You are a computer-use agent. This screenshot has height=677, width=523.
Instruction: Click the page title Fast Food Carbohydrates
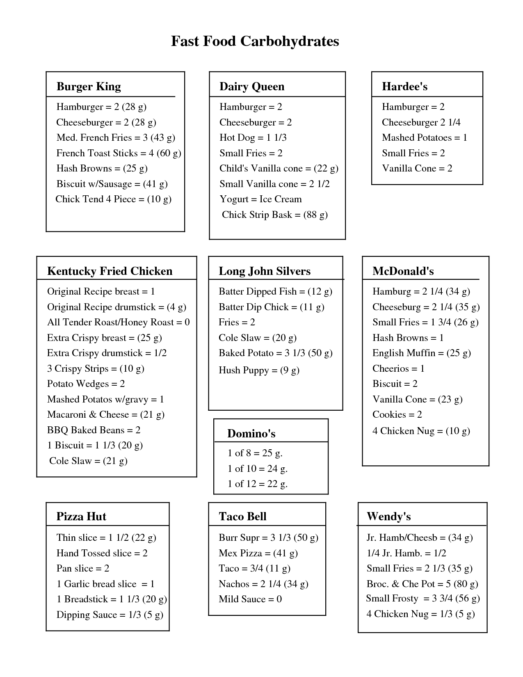(255, 41)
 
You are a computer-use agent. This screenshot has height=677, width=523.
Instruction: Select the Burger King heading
(89, 87)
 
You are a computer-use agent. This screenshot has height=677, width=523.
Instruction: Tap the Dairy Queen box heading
(252, 87)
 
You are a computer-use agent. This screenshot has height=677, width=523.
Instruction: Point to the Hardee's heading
(404, 87)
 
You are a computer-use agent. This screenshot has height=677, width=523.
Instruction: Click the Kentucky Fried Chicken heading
(110, 271)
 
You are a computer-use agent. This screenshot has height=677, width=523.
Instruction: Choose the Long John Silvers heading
(265, 271)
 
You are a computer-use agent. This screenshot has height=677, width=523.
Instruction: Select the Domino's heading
(251, 434)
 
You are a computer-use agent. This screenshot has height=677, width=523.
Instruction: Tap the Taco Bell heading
(242, 517)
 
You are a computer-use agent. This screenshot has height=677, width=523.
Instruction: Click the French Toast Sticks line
(119, 153)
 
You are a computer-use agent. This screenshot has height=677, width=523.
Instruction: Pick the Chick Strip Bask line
(274, 215)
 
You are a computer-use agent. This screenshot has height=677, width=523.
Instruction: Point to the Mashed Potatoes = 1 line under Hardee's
(425, 138)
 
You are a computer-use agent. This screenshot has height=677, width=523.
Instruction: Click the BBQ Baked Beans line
(94, 430)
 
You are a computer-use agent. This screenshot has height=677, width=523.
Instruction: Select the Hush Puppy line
(259, 371)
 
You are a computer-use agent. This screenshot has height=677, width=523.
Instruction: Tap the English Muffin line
(421, 353)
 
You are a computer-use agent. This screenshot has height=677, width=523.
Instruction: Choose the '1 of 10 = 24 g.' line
(258, 469)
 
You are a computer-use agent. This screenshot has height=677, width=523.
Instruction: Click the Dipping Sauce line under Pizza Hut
(110, 615)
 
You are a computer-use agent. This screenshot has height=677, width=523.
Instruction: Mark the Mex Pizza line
(258, 553)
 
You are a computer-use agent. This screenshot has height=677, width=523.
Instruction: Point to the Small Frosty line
(423, 599)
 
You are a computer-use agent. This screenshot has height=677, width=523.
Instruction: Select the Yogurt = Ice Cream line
(260, 199)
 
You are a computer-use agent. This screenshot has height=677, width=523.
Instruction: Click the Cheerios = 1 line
(398, 369)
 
